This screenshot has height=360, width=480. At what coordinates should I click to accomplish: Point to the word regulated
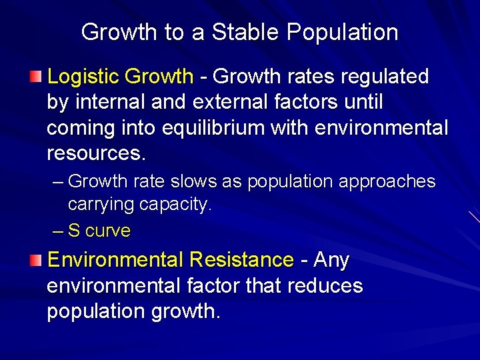pyautogui.click(x=385, y=77)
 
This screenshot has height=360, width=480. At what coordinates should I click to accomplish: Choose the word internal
pyautogui.click(x=109, y=103)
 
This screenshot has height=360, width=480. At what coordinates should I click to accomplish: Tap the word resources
pyautogui.click(x=95, y=153)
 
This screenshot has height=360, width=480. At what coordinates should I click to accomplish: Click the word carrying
pyautogui.click(x=101, y=204)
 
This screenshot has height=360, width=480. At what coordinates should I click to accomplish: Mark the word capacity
pyautogui.click(x=176, y=204)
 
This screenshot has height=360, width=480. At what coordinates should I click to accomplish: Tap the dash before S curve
pyautogui.click(x=58, y=231)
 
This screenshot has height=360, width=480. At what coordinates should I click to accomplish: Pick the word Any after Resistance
pyautogui.click(x=331, y=260)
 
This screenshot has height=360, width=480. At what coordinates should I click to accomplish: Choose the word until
pyautogui.click(x=361, y=103)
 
